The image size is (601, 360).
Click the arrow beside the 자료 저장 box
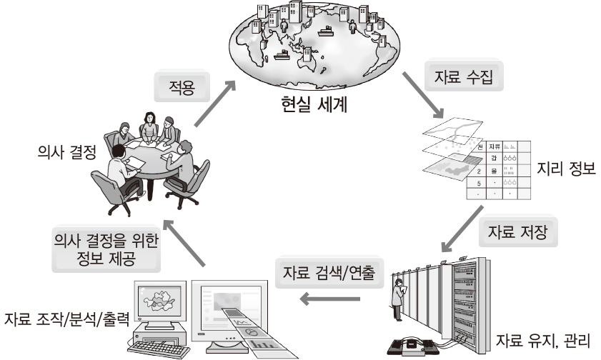click(465, 230)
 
